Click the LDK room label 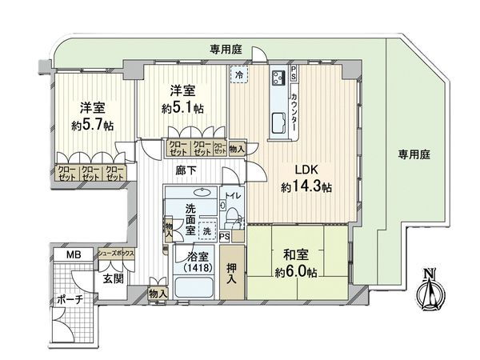pos(306,170)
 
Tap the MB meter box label pos(73,255)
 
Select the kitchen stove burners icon pos(279,78)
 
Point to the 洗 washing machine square pos(206,227)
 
